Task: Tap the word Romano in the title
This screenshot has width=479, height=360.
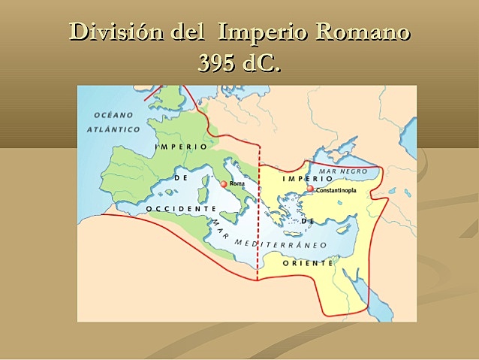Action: click(363, 33)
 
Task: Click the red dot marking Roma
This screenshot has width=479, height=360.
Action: click(224, 183)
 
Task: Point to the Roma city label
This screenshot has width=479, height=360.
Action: click(237, 183)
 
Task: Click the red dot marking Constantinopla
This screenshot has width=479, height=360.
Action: click(311, 189)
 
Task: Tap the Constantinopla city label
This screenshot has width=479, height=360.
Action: click(336, 190)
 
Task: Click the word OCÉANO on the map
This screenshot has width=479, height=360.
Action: click(113, 115)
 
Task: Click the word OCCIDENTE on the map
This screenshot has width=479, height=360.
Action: click(176, 207)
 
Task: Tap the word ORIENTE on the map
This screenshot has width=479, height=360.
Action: click(308, 263)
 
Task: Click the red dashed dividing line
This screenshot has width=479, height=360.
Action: click(258, 225)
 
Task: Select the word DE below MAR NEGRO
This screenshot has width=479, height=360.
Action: click(306, 221)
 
